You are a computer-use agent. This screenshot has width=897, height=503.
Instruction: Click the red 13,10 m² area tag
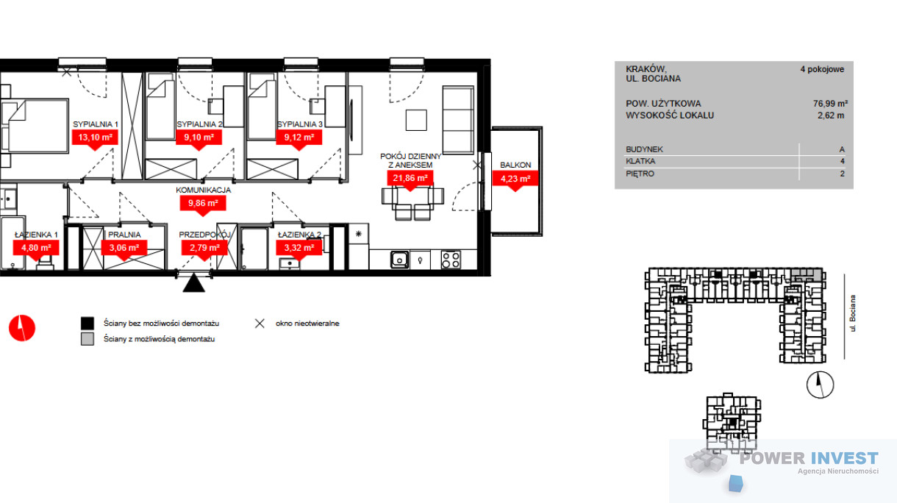[95, 138]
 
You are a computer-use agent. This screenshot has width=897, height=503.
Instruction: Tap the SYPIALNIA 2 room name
[199, 124]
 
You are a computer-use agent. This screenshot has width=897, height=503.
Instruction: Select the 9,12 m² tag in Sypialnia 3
[299, 138]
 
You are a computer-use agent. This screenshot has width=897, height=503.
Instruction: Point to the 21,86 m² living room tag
[410, 178]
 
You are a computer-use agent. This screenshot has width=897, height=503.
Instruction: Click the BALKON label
[515, 165]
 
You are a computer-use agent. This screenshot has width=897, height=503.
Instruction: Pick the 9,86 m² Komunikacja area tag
[203, 204]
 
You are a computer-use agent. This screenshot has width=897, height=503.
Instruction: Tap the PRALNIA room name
[124, 235]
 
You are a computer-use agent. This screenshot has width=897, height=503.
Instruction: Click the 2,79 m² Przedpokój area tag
[204, 248]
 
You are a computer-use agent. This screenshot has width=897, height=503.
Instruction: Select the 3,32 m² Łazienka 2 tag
[299, 248]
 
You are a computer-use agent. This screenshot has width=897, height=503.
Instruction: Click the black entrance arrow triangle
[194, 283]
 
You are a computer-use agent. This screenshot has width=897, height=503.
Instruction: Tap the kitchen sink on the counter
[400, 260]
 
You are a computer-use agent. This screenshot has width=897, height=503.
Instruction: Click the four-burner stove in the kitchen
[451, 260]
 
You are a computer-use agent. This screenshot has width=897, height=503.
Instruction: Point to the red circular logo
[22, 328]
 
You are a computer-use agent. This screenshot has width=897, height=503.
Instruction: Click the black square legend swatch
[87, 323]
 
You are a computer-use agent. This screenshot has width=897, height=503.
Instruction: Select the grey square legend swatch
[87, 339]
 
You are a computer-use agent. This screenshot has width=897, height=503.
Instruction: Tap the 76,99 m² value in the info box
[830, 104]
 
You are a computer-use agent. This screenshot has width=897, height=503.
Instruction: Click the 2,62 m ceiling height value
[831, 115]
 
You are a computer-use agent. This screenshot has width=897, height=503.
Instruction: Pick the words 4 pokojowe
[822, 69]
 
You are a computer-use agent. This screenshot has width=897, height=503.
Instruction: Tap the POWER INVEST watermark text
[809, 458]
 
